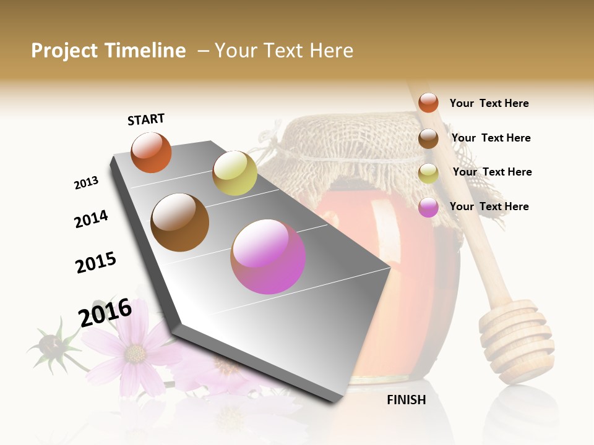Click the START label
pos(146,119)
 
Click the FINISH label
pos(407,400)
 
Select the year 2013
pos(86,183)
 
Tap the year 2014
pos(91,219)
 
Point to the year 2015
pos(96,263)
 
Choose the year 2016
pos(105,313)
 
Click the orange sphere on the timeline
pos(151,153)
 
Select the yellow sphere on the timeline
pos(235,173)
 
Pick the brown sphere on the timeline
pos(179,222)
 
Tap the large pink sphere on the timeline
pos(268,256)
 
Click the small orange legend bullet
pos(428,103)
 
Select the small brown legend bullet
pos(428,138)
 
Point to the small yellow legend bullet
pos(428,173)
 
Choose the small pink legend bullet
pos(428,207)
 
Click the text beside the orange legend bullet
pos(489,103)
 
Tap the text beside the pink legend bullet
pos(489,206)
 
